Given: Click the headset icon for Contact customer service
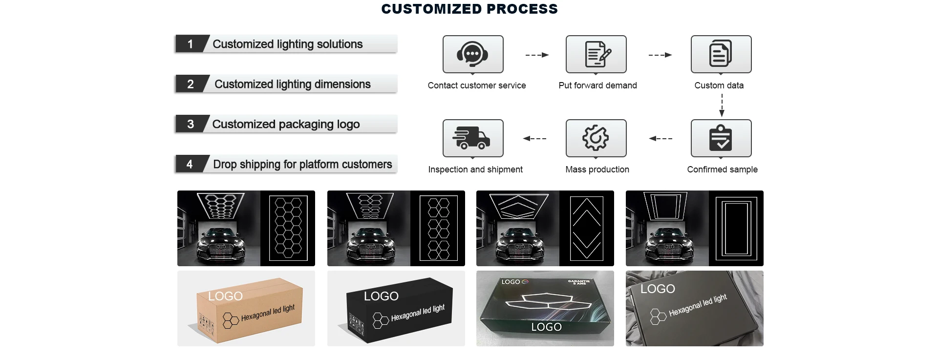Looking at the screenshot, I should click(x=472, y=54).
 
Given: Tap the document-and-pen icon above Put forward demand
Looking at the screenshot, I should click(x=596, y=54).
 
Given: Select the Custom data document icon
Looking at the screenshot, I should click(x=721, y=54).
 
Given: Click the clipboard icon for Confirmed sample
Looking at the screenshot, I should click(x=721, y=138).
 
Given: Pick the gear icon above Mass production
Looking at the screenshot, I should click(x=596, y=138).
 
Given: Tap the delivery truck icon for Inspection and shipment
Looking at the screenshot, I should click(x=472, y=138).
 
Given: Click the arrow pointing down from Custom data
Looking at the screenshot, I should click(x=722, y=105).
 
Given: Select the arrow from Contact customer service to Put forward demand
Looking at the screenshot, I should click(x=537, y=55).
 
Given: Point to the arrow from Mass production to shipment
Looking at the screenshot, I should click(x=534, y=139).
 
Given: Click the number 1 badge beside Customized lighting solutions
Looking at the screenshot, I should click(x=190, y=44).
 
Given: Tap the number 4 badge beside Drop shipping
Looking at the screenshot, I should click(x=190, y=164).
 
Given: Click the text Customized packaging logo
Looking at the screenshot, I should click(x=286, y=124).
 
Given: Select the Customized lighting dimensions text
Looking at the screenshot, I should click(x=292, y=84).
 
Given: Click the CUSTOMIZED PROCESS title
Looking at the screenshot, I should click(x=469, y=9).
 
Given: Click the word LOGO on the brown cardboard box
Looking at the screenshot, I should click(x=225, y=296).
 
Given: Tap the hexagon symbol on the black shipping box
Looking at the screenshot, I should click(x=381, y=320).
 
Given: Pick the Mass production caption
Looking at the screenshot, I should click(x=597, y=169).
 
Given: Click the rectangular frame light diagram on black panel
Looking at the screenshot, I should click(x=736, y=228).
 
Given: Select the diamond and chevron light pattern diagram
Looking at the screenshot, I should click(x=586, y=228).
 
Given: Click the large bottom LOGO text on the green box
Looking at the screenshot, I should click(x=546, y=327).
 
